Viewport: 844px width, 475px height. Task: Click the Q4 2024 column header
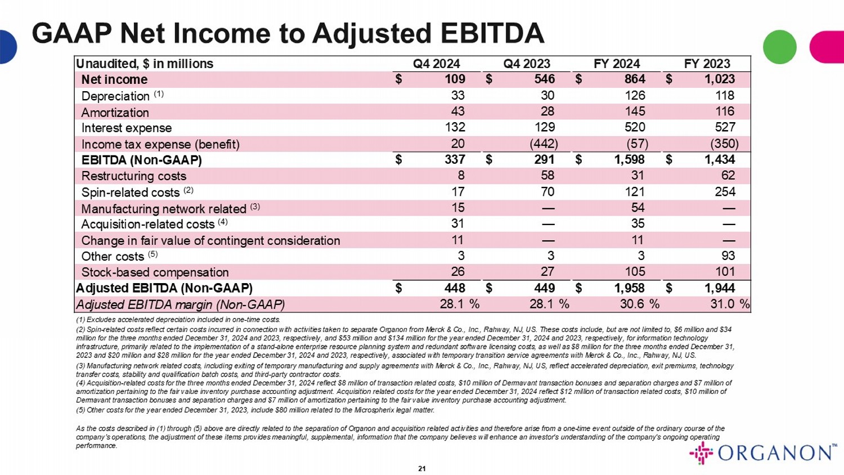click(436, 64)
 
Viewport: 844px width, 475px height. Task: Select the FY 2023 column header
click(707, 64)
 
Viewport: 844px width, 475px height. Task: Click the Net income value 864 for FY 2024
click(634, 79)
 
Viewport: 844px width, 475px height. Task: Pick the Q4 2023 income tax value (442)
click(544, 144)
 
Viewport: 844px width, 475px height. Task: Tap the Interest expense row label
click(127, 128)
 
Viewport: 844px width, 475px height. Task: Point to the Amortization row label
click(115, 112)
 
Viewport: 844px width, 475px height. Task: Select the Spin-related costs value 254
click(725, 192)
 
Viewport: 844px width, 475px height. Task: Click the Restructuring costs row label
click(134, 176)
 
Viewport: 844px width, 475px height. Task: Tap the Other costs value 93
click(728, 256)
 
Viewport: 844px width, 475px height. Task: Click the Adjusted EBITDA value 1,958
click(629, 288)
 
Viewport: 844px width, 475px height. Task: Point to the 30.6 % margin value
click(638, 304)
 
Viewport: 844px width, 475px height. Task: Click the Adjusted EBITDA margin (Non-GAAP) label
click(180, 304)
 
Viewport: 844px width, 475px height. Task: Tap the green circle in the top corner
click(779, 47)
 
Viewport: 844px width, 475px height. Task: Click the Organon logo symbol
click(701, 453)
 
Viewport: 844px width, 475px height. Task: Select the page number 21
click(422, 468)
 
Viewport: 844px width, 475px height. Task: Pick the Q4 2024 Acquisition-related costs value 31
click(457, 224)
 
